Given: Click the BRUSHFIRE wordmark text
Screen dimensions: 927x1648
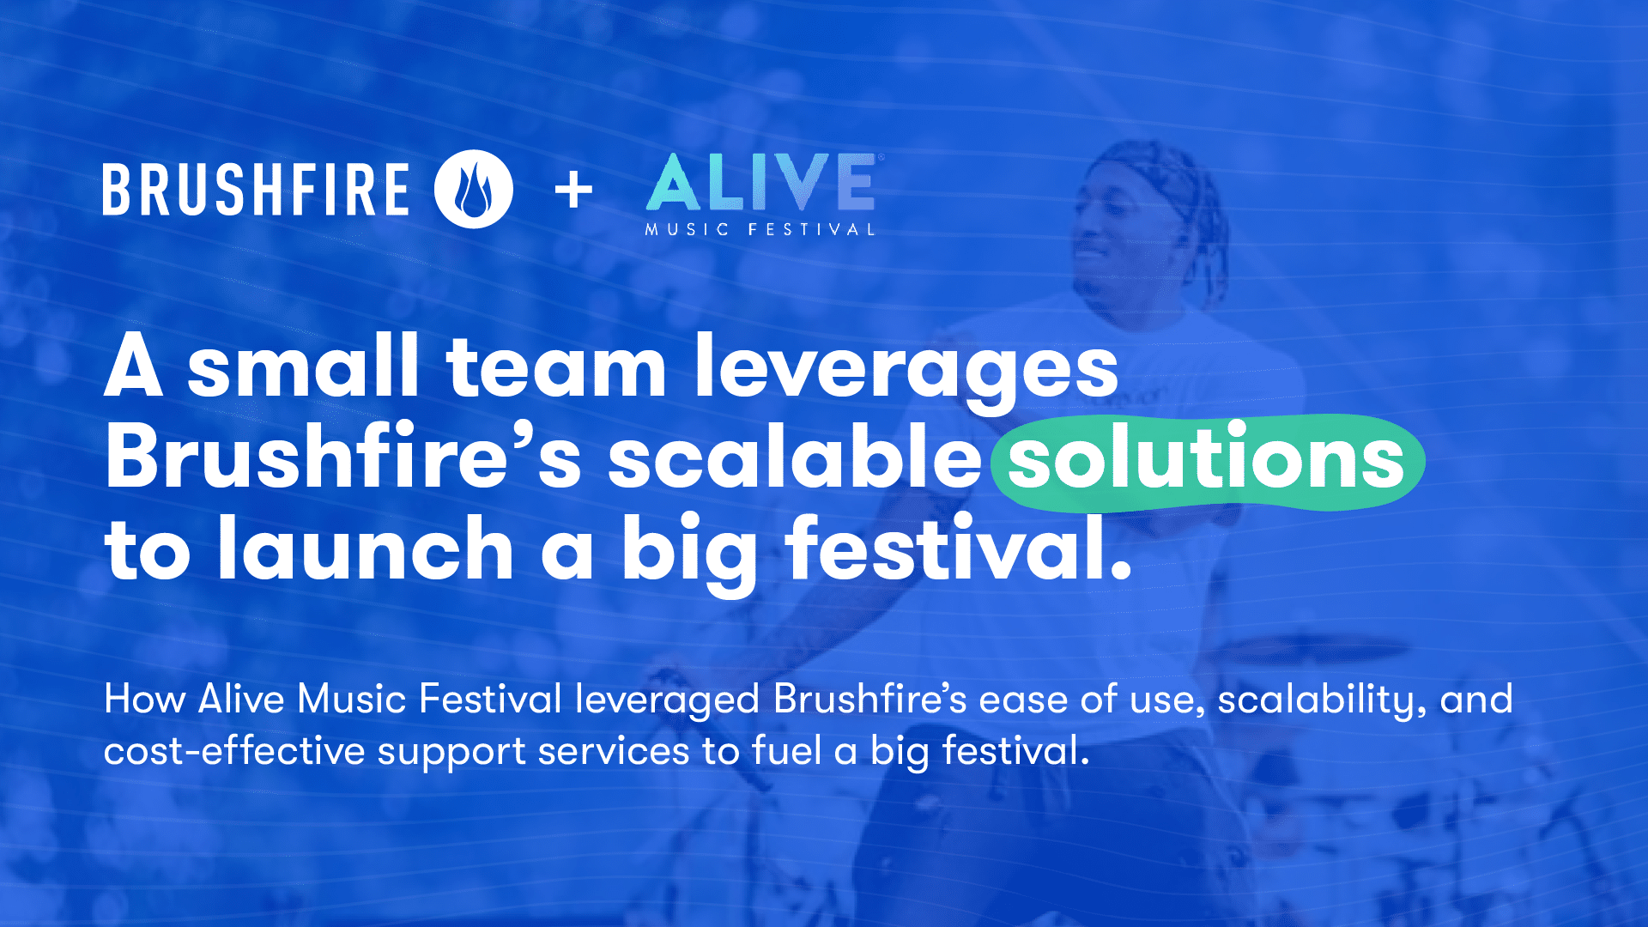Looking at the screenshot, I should tap(256, 190).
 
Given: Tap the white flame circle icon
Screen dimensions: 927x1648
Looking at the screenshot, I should tap(474, 190).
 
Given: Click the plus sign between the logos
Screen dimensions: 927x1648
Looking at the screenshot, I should tap(573, 190).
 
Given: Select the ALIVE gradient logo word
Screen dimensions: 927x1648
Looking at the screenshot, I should tap(760, 182).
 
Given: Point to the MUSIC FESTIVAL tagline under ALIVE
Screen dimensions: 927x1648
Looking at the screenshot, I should tap(760, 230).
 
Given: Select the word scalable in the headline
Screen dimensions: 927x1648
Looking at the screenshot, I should tap(795, 458).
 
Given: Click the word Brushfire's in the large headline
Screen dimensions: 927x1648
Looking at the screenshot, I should tap(343, 458).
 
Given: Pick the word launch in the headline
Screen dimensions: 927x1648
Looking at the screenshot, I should tap(366, 549).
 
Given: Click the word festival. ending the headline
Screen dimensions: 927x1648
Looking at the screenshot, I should tap(958, 549).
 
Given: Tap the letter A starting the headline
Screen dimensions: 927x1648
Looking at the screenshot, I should tap(134, 367).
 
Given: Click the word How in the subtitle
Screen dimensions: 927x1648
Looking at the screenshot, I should tap(144, 699).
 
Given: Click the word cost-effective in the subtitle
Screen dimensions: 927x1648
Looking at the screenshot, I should tap(234, 751).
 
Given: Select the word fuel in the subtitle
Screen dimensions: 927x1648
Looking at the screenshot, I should tap(786, 751).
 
